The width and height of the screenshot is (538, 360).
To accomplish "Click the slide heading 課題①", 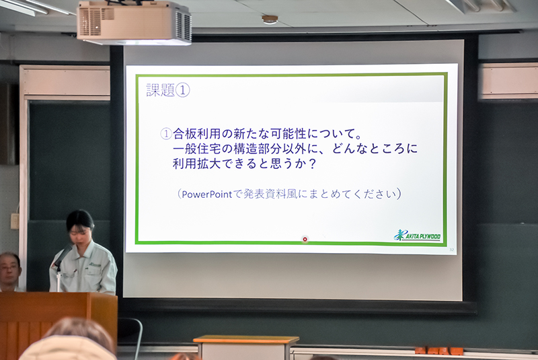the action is point(167,90).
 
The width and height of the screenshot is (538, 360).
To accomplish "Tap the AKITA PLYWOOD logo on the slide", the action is point(417,235).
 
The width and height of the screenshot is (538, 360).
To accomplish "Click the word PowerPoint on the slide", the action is point(207,194).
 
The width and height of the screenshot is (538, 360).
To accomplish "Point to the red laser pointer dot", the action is point(305,239).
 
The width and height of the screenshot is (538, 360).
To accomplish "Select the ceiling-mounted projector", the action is point(134,22).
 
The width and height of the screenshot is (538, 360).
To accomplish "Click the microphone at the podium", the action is point(62,256).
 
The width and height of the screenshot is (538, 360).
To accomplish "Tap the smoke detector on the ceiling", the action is point(270,20).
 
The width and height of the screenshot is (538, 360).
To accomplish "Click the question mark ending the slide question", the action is point(311,164).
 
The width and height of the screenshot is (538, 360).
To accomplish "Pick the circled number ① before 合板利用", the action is point(166,133).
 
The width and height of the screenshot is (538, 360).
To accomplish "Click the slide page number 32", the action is point(451,250).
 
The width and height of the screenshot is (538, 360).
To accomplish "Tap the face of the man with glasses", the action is point(9,270).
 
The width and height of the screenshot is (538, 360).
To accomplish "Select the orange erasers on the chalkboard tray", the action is point(439,351).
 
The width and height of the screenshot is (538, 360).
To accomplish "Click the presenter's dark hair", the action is point(79,219).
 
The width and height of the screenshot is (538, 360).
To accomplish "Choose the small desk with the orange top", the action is point(245,347).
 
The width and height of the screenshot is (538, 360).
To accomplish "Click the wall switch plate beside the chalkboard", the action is point(14,221).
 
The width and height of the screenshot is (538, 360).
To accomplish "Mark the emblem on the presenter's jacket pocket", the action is point(95,265).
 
